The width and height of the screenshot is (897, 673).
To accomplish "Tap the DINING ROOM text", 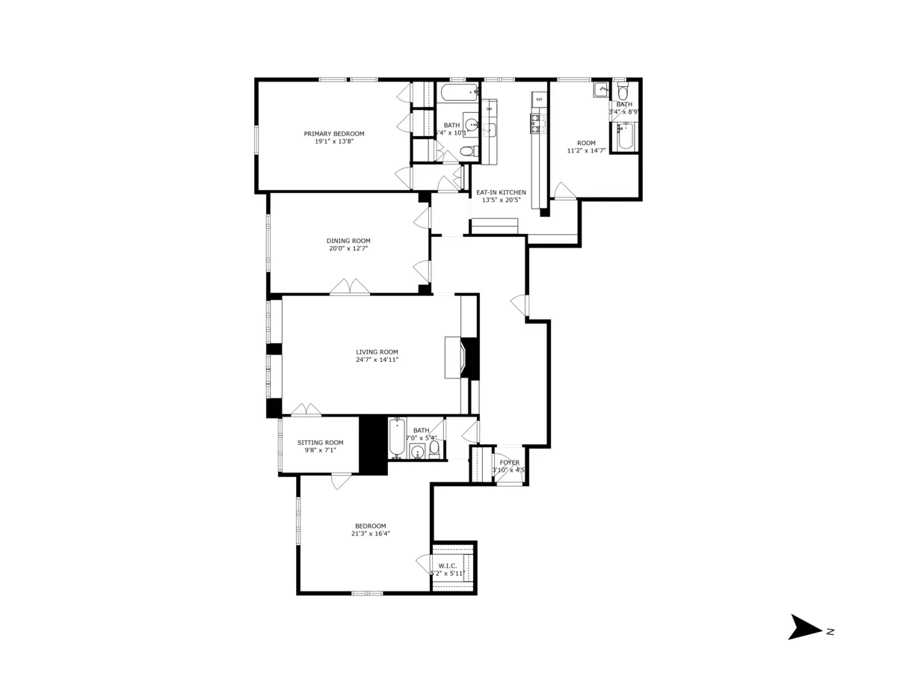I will [x=348, y=241].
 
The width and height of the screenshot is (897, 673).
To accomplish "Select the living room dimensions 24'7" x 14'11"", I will [x=377, y=360].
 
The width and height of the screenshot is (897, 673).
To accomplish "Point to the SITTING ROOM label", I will [x=320, y=443].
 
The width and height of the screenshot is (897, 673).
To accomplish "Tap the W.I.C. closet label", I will [x=447, y=566].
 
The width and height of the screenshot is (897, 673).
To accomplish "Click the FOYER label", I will [x=510, y=463].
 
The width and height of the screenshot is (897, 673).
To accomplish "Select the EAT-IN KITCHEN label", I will [x=502, y=192].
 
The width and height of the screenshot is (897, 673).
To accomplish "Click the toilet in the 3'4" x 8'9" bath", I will [x=623, y=92].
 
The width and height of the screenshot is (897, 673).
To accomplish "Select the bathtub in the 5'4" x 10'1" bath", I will [x=457, y=93].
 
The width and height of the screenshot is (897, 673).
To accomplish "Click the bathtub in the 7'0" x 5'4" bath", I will [x=396, y=438].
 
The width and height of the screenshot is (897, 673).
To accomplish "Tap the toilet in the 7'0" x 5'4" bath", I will [x=434, y=449].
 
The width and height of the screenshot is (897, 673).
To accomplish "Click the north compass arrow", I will [x=806, y=627].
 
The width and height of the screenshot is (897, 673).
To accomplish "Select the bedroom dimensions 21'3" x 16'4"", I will [x=371, y=533].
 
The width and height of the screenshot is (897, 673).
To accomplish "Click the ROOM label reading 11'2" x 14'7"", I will [x=586, y=143].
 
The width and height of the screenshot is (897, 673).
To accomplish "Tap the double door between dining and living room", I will [x=350, y=287].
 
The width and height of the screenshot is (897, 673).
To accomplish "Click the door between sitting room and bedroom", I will [x=341, y=482].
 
